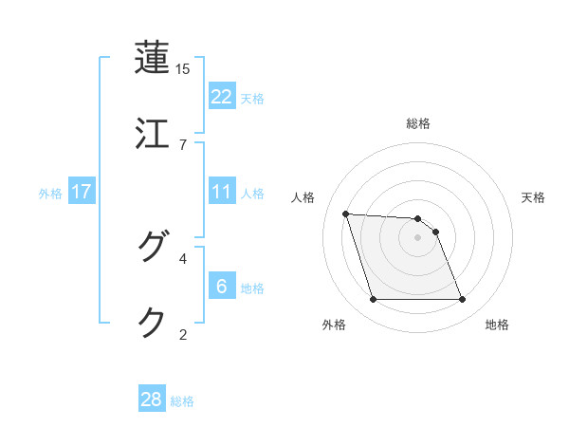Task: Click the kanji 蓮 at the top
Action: (x=153, y=57)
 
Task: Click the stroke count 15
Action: (x=183, y=69)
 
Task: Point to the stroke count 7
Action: (x=183, y=144)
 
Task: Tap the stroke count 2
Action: (x=183, y=334)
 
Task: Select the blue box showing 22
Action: (x=222, y=96)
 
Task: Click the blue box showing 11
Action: (x=222, y=192)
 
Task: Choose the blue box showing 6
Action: (x=222, y=287)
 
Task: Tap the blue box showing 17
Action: (x=82, y=192)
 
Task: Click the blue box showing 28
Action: (x=152, y=400)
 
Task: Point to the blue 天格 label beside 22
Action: (x=252, y=98)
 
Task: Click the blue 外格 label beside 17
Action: (x=50, y=194)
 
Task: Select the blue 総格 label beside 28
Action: (x=182, y=401)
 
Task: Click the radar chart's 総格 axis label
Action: (x=418, y=123)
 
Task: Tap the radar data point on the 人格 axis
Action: (x=346, y=214)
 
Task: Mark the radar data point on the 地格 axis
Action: (x=462, y=300)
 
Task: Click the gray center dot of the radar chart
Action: (x=418, y=237)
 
